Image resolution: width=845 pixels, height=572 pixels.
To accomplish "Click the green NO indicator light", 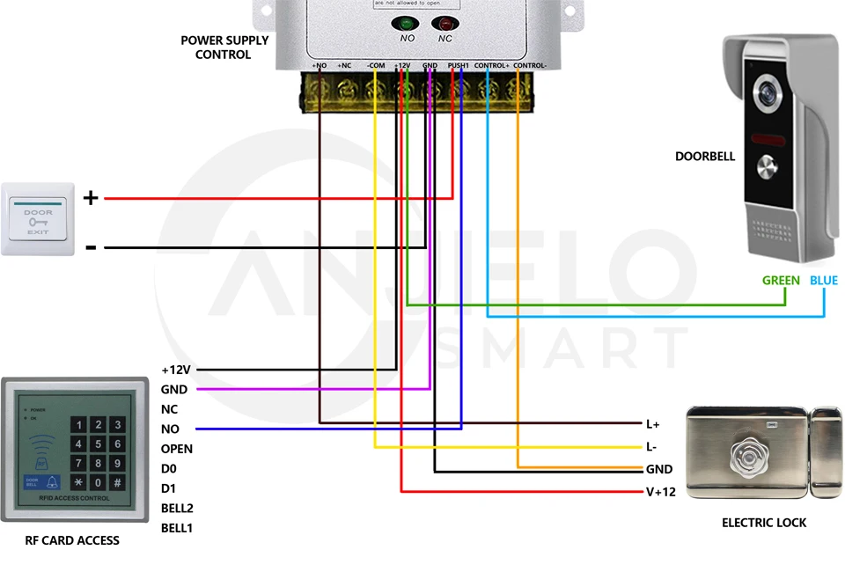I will [x=408, y=25].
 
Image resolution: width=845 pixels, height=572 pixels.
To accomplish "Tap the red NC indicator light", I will [x=445, y=25].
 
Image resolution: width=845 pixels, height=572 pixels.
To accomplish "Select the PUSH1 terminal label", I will [x=458, y=66].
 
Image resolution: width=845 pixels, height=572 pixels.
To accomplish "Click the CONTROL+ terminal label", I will [x=491, y=66].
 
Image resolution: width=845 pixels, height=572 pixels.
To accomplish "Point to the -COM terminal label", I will [x=375, y=66].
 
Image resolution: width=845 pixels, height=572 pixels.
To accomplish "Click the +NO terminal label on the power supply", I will [x=319, y=66].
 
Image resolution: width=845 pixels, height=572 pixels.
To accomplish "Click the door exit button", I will [x=39, y=219].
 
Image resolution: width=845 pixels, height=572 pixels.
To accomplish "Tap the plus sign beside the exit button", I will [x=91, y=198].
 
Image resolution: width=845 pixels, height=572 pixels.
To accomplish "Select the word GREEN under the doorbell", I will [x=781, y=281].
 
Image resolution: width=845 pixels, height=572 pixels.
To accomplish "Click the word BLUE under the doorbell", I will [x=824, y=281].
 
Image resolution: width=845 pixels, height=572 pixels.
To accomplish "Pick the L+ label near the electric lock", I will [x=653, y=424].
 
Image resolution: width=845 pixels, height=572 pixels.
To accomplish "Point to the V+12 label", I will [x=661, y=492].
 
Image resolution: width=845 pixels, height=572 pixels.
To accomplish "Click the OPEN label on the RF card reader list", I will [x=177, y=449].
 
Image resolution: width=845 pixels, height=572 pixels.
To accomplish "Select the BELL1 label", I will [x=177, y=528].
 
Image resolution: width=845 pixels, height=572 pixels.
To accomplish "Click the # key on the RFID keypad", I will [x=117, y=483].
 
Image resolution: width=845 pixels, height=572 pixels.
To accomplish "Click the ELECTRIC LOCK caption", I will [x=764, y=523].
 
